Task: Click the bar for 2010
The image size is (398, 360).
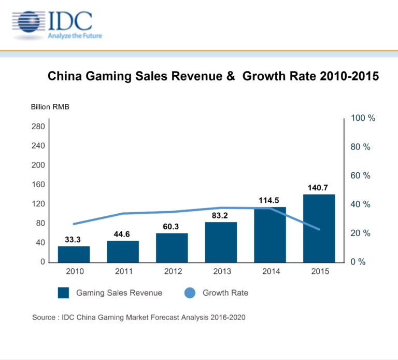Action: coord(74,254)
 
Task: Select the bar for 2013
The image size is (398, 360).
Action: coord(221,242)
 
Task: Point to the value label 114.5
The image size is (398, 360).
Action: coord(270,200)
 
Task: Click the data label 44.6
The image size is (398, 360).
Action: coord(123,234)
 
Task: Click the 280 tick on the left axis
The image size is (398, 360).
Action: coord(38,127)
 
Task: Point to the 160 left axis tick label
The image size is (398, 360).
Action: coord(38,185)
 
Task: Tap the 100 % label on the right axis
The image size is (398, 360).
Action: coord(363,118)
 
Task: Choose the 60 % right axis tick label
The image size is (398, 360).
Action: coord(361,175)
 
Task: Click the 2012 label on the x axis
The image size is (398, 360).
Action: coord(172,271)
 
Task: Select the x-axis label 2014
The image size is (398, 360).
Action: coord(271,271)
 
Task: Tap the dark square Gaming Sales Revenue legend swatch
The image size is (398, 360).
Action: coord(63,293)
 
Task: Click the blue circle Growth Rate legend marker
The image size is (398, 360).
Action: coord(190,293)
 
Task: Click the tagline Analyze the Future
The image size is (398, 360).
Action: coord(75,36)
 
